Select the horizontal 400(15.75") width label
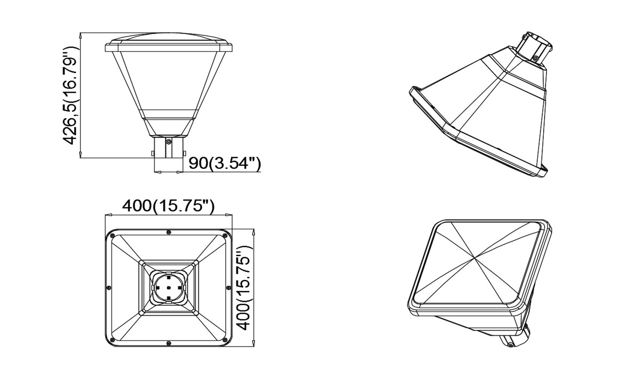click(168, 206)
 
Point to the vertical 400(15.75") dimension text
click(245, 288)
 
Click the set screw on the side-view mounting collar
click(169, 141)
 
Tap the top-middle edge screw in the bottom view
click(169, 232)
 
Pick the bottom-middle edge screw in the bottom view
click(169, 343)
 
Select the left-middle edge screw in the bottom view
click(108, 288)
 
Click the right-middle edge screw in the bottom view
click(229, 288)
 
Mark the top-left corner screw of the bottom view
click(112, 236)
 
